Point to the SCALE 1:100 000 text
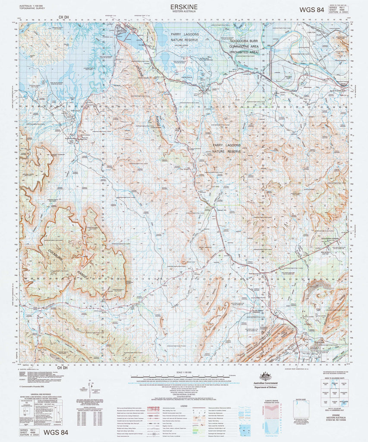click(x=184, y=372)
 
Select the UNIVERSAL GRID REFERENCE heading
click(x=40, y=396)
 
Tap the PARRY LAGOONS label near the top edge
click(x=184, y=34)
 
